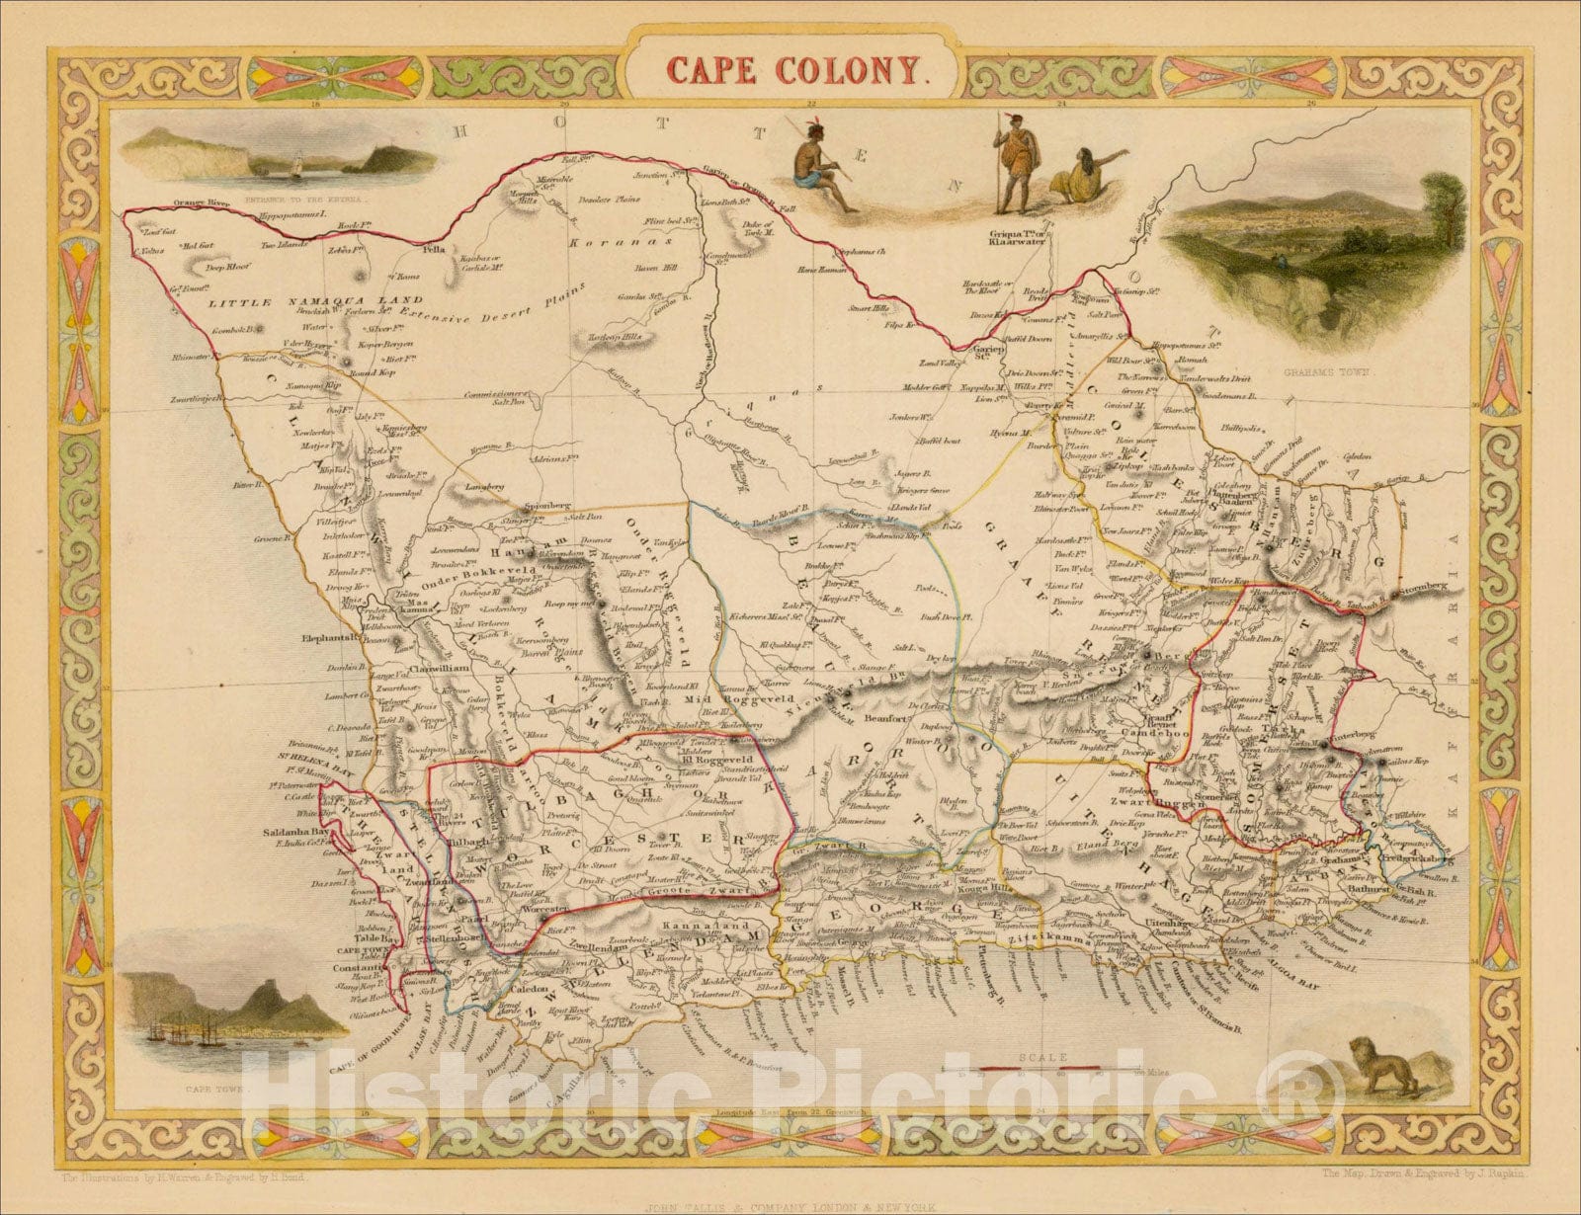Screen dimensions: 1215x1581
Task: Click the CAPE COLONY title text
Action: pos(796,68)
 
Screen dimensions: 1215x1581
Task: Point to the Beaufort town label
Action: pos(885,721)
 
